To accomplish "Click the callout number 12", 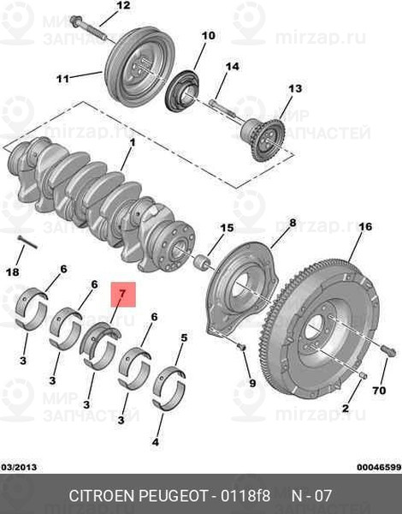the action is tap(123, 6).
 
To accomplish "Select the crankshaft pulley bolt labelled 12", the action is tap(88, 28).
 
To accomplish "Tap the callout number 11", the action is tap(62, 79).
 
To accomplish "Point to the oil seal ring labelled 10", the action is tap(182, 90).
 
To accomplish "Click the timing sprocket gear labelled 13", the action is tap(263, 140).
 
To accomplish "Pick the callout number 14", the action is tap(233, 67).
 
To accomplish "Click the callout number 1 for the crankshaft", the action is tap(133, 143).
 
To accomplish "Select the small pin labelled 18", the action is tap(27, 242).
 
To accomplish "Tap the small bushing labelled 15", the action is tap(202, 262).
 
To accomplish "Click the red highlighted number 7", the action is tap(123, 294).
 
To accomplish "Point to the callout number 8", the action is tap(293, 224).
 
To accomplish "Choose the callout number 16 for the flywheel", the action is tap(365, 227).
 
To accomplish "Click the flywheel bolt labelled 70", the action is tap(388, 350).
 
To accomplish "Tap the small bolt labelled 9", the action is tap(242, 347).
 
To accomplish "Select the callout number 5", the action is tap(184, 338).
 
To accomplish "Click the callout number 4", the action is tap(155, 442).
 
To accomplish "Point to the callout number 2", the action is tap(346, 408).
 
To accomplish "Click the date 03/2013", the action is tap(20, 467).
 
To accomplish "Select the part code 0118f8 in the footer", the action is tap(245, 496).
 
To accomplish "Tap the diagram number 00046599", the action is tap(379, 467).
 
